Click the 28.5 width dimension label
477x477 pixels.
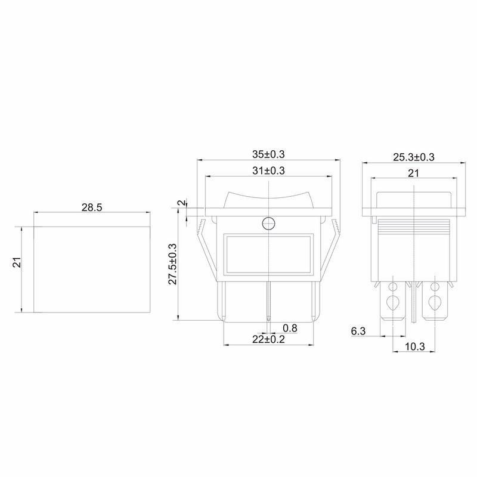(92, 207)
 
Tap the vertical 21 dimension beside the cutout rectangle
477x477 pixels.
(17, 262)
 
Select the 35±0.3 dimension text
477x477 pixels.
(268, 154)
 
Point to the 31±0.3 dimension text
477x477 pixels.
(268, 171)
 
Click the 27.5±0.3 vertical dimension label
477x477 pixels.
(172, 264)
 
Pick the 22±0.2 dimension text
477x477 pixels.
(268, 339)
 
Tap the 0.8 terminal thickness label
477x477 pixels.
(290, 328)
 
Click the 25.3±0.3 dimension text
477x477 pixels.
(414, 157)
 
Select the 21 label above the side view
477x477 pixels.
(413, 173)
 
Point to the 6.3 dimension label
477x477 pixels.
(358, 331)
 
